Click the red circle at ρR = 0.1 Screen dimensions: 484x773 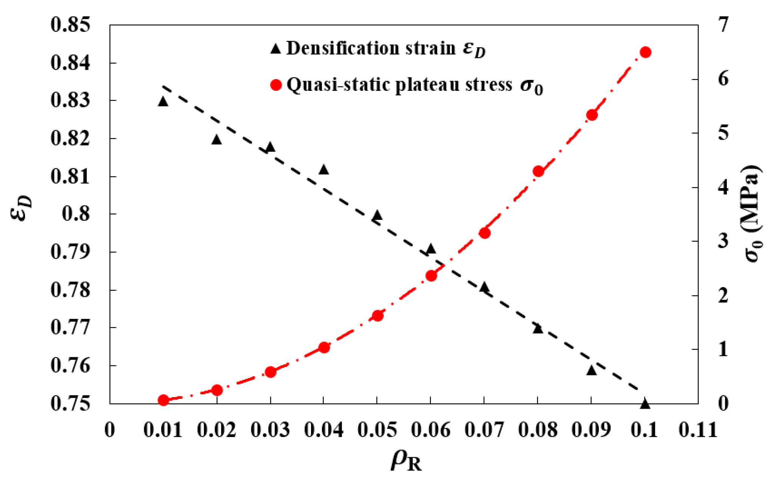tap(645, 52)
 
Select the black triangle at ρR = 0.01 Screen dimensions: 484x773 tap(163, 101)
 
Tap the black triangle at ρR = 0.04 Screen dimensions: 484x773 tap(324, 170)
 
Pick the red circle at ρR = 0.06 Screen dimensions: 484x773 tap(431, 275)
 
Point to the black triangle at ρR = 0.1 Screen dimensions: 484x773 tap(645, 404)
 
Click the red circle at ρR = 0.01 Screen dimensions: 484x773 tap(163, 400)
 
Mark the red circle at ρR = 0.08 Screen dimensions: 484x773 tap(538, 171)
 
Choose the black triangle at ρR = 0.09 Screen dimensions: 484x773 tap(592, 370)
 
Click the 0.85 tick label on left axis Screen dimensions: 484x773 tap(71, 25)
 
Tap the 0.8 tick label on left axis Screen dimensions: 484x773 tap(76, 214)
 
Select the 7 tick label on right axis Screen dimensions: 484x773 tap(723, 25)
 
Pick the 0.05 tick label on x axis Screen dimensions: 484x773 tap(377, 430)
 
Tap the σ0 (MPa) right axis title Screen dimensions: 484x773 tap(753, 214)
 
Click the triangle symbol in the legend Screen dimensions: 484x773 tap(276, 48)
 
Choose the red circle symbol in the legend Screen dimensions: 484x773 tap(276, 85)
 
